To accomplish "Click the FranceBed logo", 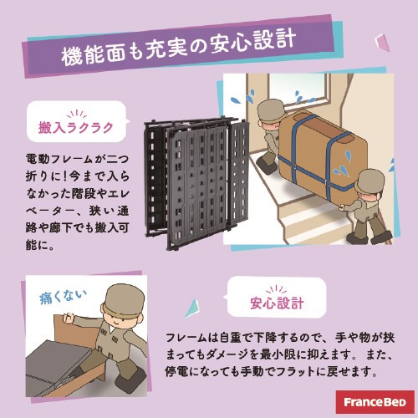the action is pos(375,402).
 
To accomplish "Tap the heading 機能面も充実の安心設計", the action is pos(178,48).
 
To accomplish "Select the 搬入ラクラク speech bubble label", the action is pos(76,128).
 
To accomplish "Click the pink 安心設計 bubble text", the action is pos(277,303).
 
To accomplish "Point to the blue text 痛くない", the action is pos(63,297).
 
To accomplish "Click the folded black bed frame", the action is pos(196,184).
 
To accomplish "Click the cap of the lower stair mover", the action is pos(370,181).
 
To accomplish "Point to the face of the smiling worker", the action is pos(119,319).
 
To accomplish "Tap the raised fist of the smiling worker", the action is pos(69,318).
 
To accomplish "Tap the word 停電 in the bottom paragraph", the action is pos(177,371).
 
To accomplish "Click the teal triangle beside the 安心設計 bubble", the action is pos(193,308).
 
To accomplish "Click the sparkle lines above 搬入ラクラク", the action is pos(77,115).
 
